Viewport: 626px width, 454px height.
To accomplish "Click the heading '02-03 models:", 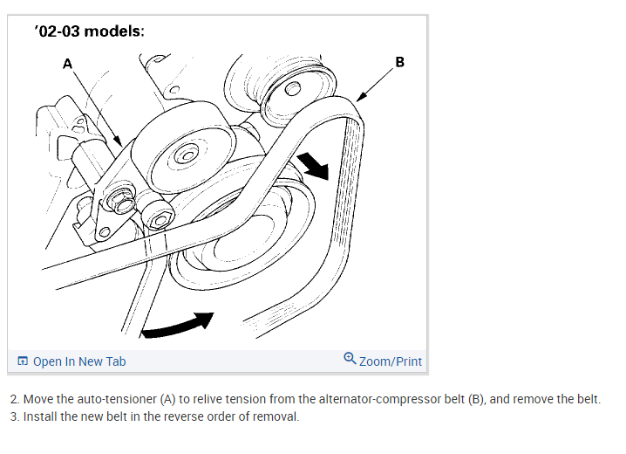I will [89, 32].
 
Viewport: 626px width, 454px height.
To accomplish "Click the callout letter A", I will [67, 63].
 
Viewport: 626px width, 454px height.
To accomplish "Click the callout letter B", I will [399, 62].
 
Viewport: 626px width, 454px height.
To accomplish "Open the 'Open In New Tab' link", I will [78, 361].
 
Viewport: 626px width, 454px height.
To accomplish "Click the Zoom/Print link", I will [390, 361].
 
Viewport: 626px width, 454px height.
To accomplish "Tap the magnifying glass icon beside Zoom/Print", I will [350, 359].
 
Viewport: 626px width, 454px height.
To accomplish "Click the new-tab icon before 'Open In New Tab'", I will [24, 361].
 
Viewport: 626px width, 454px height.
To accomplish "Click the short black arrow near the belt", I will [311, 164].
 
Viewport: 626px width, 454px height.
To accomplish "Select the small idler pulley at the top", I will [291, 88].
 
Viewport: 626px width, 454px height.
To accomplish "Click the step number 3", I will [14, 416].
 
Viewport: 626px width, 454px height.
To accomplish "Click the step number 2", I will [14, 399].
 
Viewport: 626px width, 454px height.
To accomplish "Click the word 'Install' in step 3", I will [39, 416].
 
